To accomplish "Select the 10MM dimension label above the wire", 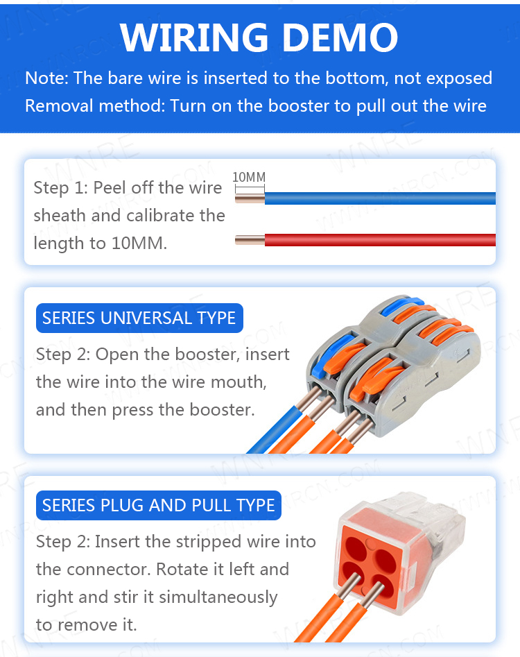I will [x=248, y=178].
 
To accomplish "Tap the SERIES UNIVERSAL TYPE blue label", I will [x=139, y=318].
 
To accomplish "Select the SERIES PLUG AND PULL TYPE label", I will [x=159, y=505].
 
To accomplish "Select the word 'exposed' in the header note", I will [x=458, y=78].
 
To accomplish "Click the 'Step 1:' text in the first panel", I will [x=60, y=188].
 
